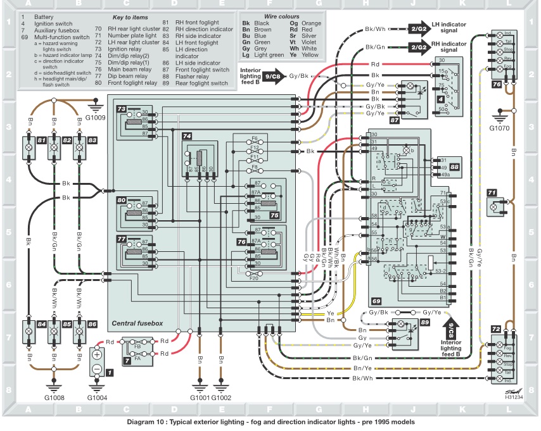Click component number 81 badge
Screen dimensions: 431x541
pos(42,139)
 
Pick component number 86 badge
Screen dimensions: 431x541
pos(92,325)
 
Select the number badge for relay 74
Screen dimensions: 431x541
pos(187,136)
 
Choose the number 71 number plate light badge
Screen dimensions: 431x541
pos(492,192)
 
